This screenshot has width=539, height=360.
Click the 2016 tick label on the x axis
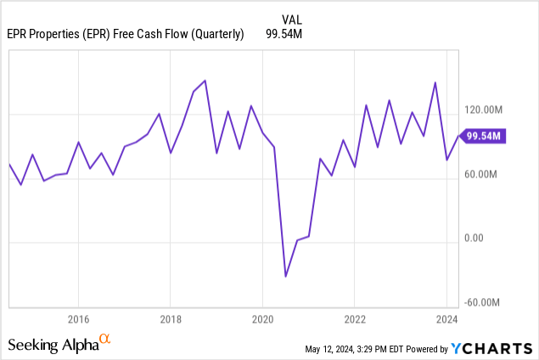(78, 319)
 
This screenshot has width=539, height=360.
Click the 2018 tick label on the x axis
(170, 319)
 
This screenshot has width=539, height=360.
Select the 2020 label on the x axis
(262, 319)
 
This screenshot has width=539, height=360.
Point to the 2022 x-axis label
(355, 319)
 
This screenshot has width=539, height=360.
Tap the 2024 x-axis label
(446, 319)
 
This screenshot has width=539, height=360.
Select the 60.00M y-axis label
(488, 174)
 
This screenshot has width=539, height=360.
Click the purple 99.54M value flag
(484, 135)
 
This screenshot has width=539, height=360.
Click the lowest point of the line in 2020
(285, 276)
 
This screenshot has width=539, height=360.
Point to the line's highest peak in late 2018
(205, 81)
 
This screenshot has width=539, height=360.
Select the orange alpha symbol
(105, 340)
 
